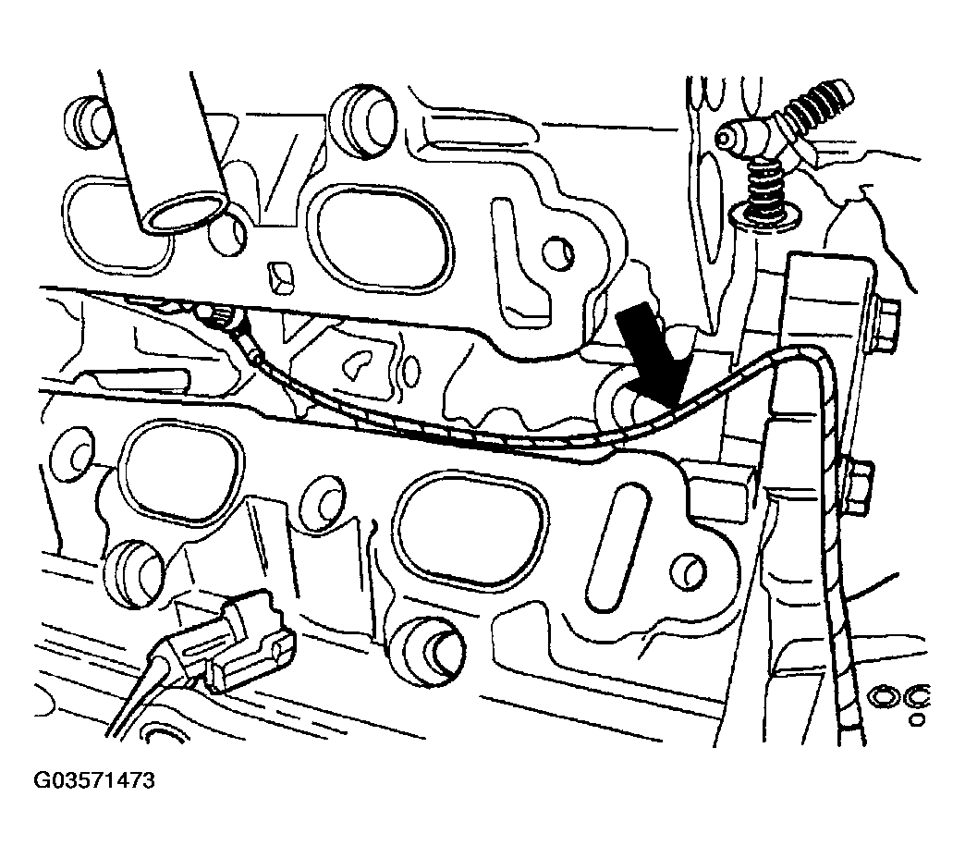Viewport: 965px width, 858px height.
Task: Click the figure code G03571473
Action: (x=94, y=781)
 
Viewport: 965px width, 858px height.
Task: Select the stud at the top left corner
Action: (x=86, y=119)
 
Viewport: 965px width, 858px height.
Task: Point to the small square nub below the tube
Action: (x=281, y=278)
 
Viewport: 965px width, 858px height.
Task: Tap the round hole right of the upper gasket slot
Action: (x=559, y=251)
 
